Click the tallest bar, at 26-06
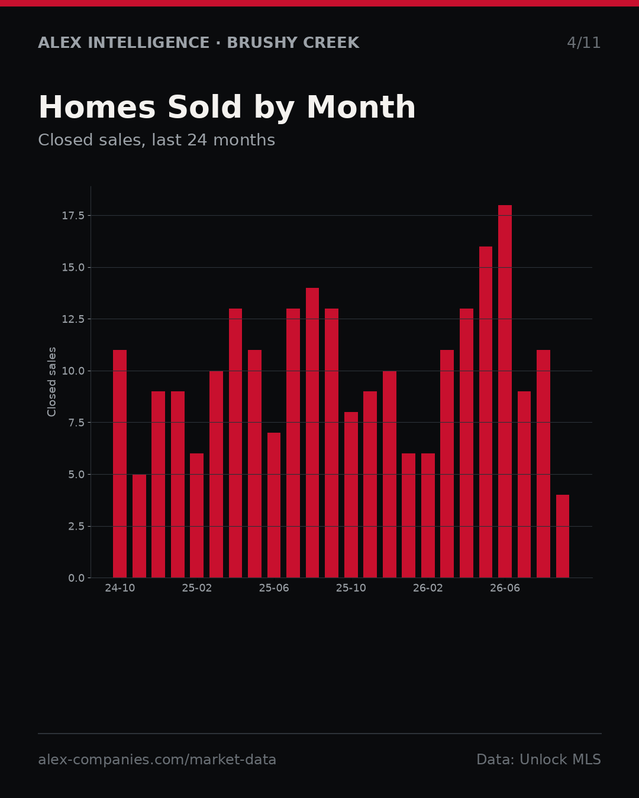[505, 391]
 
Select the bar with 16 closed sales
[486, 412]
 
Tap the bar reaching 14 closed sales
[312, 433]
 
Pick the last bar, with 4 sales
[563, 536]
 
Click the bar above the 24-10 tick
[120, 464]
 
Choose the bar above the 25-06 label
[273, 505]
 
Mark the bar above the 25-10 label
[351, 495]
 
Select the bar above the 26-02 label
[428, 515]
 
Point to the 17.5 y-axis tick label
[73, 216]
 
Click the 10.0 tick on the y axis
[73, 371]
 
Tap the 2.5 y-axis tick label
[76, 526]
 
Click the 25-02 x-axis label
[197, 588]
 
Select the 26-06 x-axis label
[505, 588]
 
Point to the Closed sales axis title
[51, 382]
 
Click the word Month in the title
[361, 107]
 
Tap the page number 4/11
[583, 43]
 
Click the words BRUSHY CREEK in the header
[293, 43]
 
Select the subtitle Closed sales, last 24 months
[157, 140]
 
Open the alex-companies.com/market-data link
[157, 760]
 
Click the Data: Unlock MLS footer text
[539, 759]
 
